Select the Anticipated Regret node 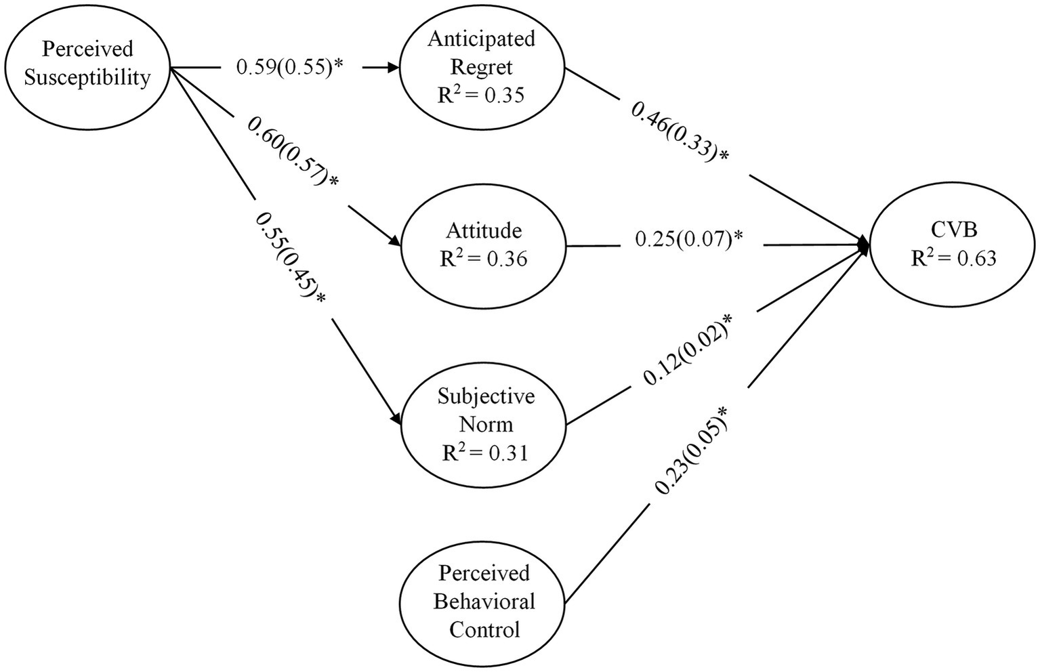(x=482, y=67)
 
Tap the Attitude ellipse (x=483, y=245)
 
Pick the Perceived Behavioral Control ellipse (x=483, y=602)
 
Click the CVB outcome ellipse (x=953, y=245)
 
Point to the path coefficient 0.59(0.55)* (x=291, y=67)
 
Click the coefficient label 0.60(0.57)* (x=293, y=153)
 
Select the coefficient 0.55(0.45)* (x=290, y=259)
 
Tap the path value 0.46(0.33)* (x=680, y=131)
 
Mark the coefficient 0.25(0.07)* (x=689, y=239)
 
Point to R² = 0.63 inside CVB (x=953, y=258)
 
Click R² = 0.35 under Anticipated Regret (x=481, y=95)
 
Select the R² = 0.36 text (x=483, y=259)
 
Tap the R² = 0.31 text (x=484, y=452)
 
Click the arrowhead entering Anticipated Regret (x=393, y=68)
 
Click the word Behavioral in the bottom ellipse (x=484, y=602)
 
